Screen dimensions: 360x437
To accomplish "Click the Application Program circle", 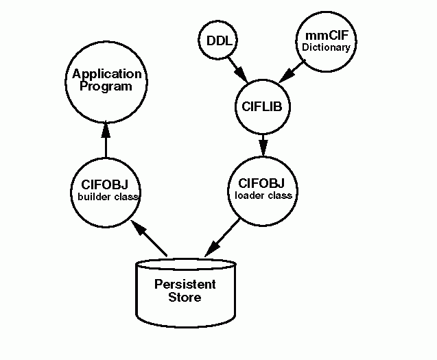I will pos(106,80).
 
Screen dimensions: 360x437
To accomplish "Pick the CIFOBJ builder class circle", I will pos(106,190).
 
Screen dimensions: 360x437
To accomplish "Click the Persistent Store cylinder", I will pos(185,291).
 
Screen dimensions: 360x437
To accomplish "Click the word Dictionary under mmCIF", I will pos(327,47).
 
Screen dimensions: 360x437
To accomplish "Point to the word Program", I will pos(106,86).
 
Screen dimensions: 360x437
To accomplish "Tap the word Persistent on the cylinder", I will pos(185,285).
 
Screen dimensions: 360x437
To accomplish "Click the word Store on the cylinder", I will pos(185,298).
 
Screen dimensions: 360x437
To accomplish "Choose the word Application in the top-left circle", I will pos(107,74).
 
